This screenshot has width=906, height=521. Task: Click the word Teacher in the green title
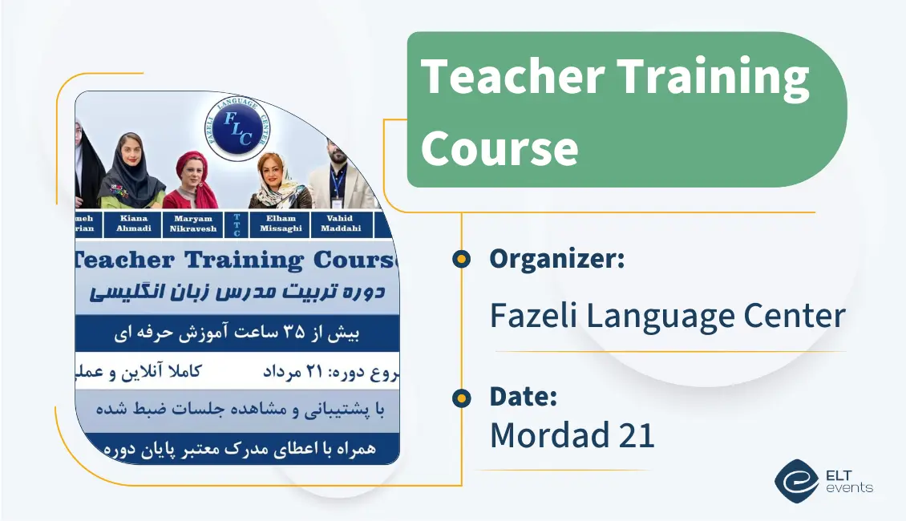tap(513, 77)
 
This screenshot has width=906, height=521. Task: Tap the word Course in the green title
tap(500, 147)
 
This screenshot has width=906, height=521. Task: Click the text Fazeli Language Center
tap(667, 315)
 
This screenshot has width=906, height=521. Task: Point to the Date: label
tap(523, 396)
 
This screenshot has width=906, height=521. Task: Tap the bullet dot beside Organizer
tap(461, 259)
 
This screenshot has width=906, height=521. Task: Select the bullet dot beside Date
tap(461, 397)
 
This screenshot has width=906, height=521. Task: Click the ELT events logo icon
tap(795, 480)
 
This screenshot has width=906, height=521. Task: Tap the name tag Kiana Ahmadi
tap(134, 224)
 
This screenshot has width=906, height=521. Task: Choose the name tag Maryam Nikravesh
tap(192, 224)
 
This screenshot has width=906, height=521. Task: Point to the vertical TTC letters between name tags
tap(237, 225)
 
